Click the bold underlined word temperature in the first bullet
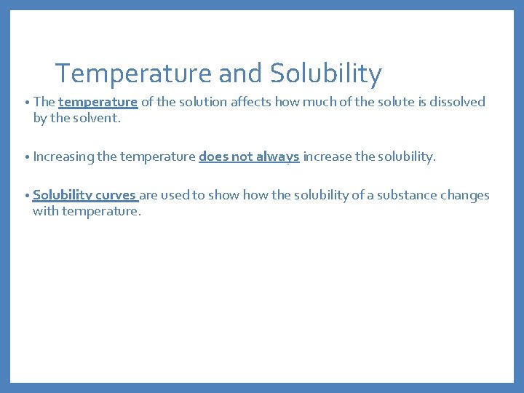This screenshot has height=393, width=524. (98, 102)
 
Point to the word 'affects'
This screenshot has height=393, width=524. (250, 102)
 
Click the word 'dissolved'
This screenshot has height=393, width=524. (456, 102)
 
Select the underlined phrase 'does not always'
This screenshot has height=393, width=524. (249, 156)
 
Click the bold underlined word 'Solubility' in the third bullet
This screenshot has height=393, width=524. (62, 195)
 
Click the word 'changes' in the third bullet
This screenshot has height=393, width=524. (468, 195)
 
